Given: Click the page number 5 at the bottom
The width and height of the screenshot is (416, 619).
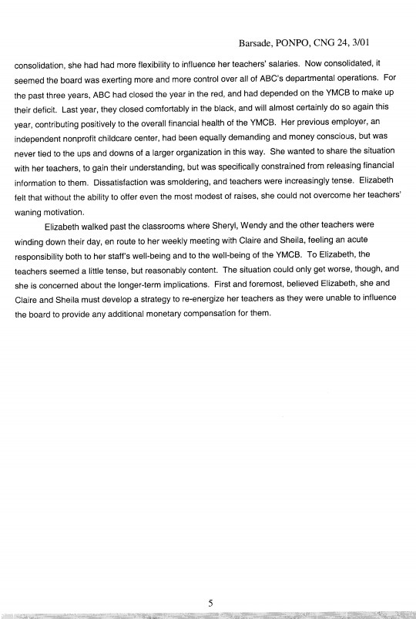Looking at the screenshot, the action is [x=209, y=604].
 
